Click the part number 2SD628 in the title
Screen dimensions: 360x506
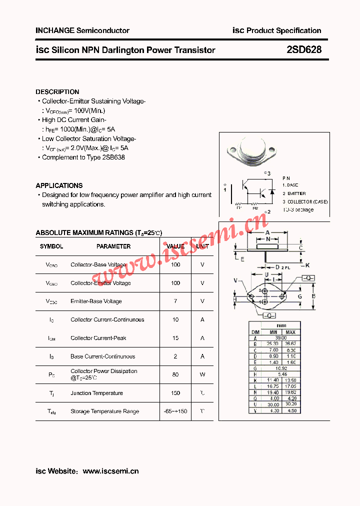pos(304,50)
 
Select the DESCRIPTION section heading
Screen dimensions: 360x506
pos(57,92)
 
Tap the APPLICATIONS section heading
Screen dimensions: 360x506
pos(59,185)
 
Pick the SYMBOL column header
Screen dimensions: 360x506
pos(51,246)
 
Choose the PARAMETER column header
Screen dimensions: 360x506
pos(113,246)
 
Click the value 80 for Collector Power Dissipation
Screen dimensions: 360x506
pos(175,374)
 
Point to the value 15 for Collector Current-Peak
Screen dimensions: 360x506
pos(175,338)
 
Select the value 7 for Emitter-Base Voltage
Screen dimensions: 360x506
pos(175,301)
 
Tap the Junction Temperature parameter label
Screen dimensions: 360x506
pos(96,393)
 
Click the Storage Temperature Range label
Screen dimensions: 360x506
pos(104,411)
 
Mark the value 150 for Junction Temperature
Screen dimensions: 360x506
pos(175,393)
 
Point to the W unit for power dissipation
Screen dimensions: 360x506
pos(202,374)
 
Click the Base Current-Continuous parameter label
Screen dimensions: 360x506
pos(102,356)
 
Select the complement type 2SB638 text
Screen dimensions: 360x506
pos(113,157)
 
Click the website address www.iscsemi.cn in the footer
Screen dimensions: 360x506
pos(110,471)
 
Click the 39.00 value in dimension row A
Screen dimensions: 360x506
pos(282,338)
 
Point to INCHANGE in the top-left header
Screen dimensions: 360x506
pos(54,30)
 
